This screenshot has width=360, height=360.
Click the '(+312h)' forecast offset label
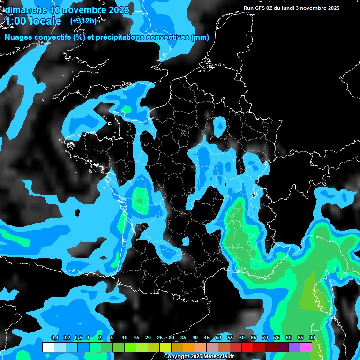coord(83,21)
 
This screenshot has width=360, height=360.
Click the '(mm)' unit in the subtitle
coord(200,37)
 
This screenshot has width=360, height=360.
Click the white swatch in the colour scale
coord(48,347)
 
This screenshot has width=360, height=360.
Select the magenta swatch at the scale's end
coord(306,347)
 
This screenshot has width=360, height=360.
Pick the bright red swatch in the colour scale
coord(247,347)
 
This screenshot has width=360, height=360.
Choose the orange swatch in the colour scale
coord(189,347)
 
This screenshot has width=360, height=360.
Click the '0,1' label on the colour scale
coord(55,338)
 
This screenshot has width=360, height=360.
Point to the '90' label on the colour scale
coord(312,338)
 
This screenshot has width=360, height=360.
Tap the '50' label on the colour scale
coord(218,338)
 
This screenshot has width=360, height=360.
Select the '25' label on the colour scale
coord(160,338)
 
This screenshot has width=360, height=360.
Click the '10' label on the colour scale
coord(125,338)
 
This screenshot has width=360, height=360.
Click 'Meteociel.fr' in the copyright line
coord(218,357)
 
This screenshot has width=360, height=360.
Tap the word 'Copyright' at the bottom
coord(177,357)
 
